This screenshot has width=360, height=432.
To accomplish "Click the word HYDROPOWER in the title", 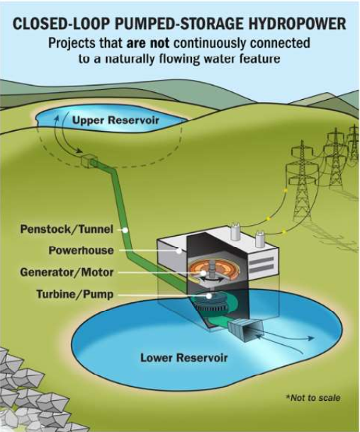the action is click(297, 23).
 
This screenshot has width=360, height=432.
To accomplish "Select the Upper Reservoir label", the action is click(116, 120).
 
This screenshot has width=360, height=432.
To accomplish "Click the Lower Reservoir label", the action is click(184, 358).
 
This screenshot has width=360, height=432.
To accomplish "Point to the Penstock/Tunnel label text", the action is click(67, 229).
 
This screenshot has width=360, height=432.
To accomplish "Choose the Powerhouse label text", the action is click(81, 251).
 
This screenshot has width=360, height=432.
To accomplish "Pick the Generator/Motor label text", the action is click(67, 272).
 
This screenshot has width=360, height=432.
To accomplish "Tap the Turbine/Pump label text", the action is click(74, 294).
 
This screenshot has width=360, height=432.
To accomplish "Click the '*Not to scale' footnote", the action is click(313, 398).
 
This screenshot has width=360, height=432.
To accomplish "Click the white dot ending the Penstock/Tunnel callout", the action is click(125, 229).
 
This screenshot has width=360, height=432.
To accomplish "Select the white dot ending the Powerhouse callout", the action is click(179, 251).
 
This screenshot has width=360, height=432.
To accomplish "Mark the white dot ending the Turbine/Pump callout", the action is click(209, 296).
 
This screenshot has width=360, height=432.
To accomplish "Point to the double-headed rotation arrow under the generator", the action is click(212, 280).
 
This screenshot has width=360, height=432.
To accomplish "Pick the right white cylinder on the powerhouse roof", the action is click(259, 239).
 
